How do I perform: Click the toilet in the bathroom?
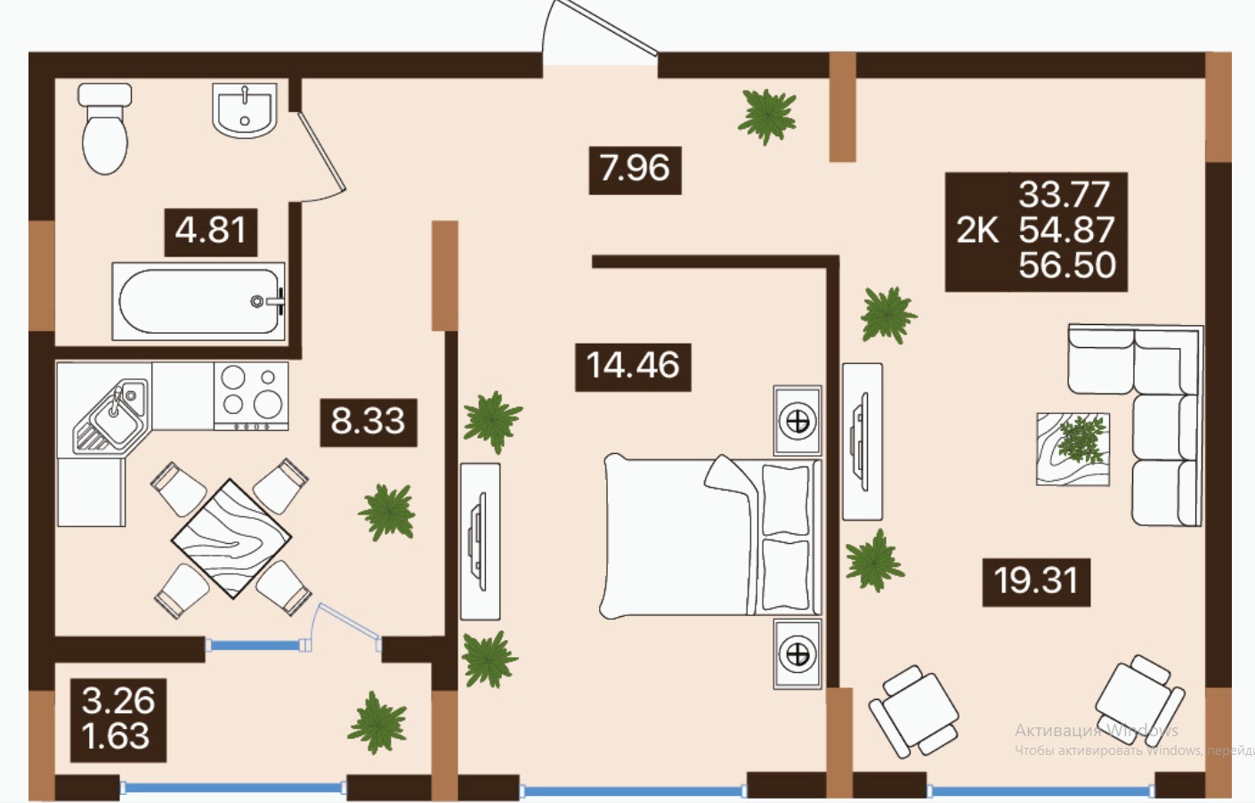(105, 129)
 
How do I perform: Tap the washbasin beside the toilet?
(245, 109)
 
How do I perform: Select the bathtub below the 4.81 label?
(198, 302)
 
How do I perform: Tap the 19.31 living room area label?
(1036, 582)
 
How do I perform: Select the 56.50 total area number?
(1067, 265)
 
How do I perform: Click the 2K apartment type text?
(977, 231)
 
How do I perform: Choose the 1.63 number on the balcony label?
(116, 735)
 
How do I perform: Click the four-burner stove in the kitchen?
(251, 396)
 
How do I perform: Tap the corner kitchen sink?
(110, 415)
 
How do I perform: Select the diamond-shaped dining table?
(231, 539)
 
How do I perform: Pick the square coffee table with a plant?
(1073, 449)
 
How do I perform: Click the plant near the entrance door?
(767, 118)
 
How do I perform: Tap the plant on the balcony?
(377, 722)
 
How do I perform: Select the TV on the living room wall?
(862, 442)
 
